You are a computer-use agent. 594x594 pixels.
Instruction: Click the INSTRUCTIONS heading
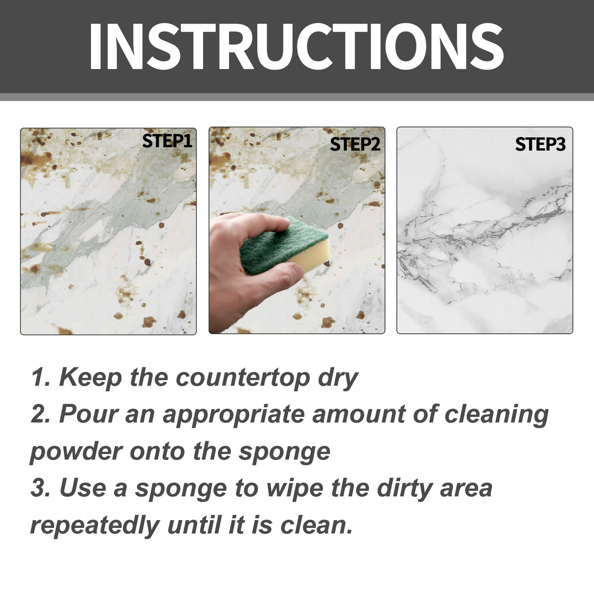click(x=296, y=46)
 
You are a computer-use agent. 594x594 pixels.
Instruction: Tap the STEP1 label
click(x=167, y=141)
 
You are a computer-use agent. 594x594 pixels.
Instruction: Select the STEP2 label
click(x=355, y=144)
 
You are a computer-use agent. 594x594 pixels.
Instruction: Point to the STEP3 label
click(x=540, y=144)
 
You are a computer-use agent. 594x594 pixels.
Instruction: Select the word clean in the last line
click(x=316, y=525)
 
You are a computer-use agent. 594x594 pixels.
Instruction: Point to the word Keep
click(x=90, y=378)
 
